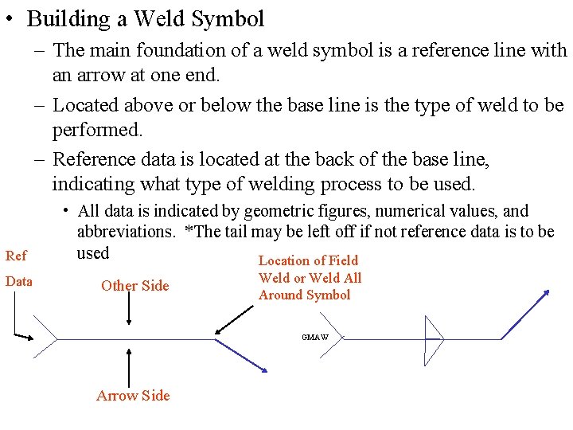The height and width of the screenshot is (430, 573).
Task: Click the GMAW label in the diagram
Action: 314,337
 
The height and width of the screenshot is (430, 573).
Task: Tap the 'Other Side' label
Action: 134,286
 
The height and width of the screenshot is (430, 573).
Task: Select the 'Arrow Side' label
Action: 133,395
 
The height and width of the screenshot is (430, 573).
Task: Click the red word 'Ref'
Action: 15,256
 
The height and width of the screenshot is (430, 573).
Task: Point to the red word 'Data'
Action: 18,281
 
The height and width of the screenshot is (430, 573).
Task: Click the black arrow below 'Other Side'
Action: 130,311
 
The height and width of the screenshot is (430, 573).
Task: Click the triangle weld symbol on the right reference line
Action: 434,339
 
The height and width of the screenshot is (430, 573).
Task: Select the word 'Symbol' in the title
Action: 230,18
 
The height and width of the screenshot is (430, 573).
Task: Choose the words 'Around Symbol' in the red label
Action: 304,295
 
